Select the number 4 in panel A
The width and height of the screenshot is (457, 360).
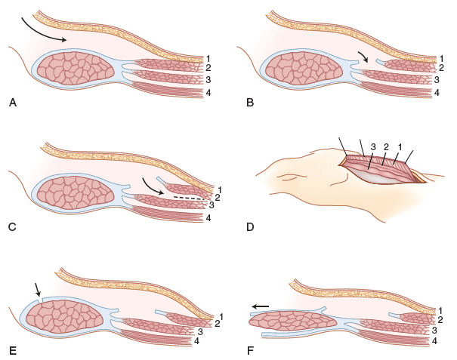207,93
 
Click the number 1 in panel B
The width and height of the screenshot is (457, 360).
440,58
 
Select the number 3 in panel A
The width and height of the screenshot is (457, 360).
207,79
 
